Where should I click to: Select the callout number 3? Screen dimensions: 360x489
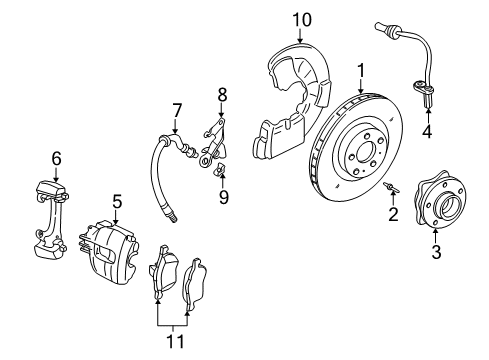[x=435, y=252]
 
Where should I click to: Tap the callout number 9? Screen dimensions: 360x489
[x=223, y=197]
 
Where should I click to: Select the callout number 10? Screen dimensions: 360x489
[x=301, y=19]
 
